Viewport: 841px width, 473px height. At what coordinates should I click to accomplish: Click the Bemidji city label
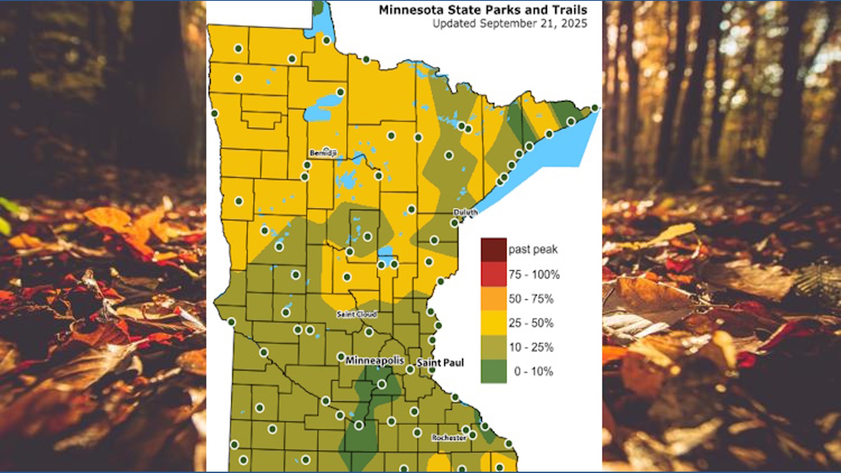(323, 153)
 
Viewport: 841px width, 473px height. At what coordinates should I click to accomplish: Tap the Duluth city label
(465, 212)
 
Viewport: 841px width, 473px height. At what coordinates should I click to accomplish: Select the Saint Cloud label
(357, 314)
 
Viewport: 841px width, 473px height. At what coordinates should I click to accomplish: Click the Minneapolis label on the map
(375, 360)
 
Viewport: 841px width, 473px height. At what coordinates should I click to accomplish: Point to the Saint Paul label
(440, 363)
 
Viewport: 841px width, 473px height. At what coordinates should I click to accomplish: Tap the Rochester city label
(449, 438)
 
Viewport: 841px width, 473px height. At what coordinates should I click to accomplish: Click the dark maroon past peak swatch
(494, 250)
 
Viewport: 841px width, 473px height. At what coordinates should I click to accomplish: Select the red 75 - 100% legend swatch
(494, 274)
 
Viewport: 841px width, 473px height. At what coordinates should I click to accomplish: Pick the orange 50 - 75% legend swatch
(494, 299)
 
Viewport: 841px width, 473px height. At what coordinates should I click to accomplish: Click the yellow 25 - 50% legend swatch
(494, 323)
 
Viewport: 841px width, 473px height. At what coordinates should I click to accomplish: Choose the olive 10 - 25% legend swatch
(494, 347)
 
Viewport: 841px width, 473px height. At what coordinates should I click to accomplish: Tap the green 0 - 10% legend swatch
(494, 371)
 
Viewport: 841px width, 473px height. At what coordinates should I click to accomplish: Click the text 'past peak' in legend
(533, 250)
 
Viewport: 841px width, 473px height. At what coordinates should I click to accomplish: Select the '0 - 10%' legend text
(533, 371)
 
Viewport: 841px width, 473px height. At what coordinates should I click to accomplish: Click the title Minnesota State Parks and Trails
(483, 10)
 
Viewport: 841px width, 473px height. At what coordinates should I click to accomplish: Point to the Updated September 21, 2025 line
(509, 24)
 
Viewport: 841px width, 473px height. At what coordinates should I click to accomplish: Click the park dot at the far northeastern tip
(594, 108)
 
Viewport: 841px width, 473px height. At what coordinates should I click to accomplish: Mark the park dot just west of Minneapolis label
(341, 357)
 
